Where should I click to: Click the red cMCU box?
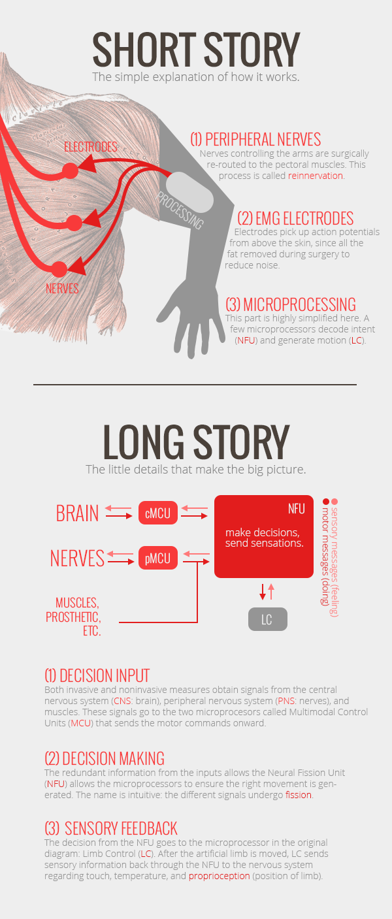point(157,513)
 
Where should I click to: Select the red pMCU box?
point(157,558)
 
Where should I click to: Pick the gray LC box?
point(267,619)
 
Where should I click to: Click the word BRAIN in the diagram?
point(77,513)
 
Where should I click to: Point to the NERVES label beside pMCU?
point(77,558)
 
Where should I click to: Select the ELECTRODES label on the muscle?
point(91,147)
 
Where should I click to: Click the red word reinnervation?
point(316,176)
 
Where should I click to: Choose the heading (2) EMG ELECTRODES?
point(295,218)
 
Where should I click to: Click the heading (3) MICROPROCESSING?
point(291,304)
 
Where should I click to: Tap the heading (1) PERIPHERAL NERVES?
point(255,139)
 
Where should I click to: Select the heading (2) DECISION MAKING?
point(105,758)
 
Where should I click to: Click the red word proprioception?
point(220,876)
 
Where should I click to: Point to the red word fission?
point(299,796)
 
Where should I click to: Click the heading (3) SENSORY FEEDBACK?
point(111,829)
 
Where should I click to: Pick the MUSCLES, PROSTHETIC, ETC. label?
point(73,617)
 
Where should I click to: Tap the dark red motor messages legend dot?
point(325,502)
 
